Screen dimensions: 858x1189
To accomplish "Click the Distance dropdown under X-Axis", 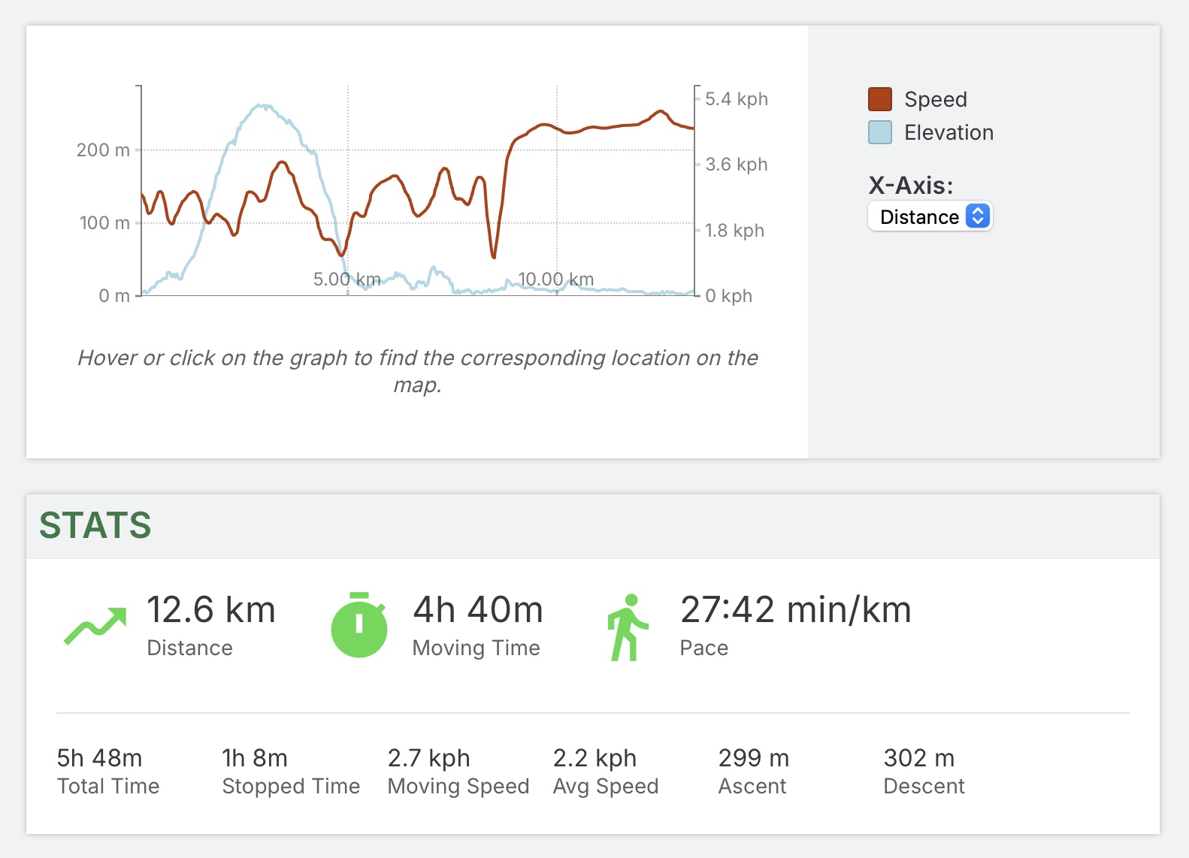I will click(x=930, y=216).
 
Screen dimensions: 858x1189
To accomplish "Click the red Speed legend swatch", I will click(x=879, y=99).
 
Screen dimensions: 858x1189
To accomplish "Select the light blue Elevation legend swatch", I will click(x=879, y=132).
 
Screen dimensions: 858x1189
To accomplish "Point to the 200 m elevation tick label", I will click(x=103, y=150).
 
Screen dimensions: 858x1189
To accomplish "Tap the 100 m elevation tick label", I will click(x=104, y=223).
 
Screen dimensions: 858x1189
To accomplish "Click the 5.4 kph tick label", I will click(x=736, y=99).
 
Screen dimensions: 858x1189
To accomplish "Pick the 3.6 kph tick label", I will click(x=736, y=165).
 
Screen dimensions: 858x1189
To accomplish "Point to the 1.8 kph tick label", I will click(x=734, y=231).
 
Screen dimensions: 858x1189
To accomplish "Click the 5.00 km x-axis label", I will click(x=346, y=279).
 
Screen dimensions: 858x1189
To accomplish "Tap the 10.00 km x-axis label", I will click(x=556, y=279).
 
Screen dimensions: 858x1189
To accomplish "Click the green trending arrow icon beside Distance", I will click(x=95, y=626).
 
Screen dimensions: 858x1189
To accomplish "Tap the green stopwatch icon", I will click(x=359, y=625).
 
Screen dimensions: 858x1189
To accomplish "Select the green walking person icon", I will click(x=627, y=627).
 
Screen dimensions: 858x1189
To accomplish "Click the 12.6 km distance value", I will click(x=210, y=610).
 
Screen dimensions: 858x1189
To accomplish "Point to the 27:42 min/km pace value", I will click(x=795, y=610).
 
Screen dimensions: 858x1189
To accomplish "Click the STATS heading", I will click(x=95, y=525).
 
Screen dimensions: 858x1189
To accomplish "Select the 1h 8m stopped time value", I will click(x=255, y=758).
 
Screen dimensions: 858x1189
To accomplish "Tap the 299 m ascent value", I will click(x=753, y=758).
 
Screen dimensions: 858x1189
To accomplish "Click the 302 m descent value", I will click(x=918, y=758).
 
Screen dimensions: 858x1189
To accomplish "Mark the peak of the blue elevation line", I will click(x=261, y=106).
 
